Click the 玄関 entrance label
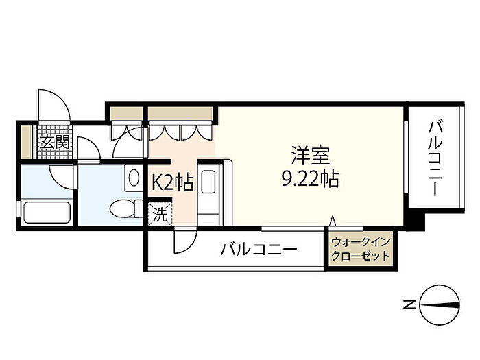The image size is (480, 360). coord(54,143)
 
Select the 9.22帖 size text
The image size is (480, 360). coord(310,180)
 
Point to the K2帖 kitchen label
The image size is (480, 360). coord(171,182)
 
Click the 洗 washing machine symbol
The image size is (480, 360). coord(160,213)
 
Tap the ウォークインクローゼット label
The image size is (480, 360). coord(360,249)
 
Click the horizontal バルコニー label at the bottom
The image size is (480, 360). coord(259,249)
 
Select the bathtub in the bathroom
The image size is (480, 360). coord(47,212)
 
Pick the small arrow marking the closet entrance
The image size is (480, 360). coord(333,220)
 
